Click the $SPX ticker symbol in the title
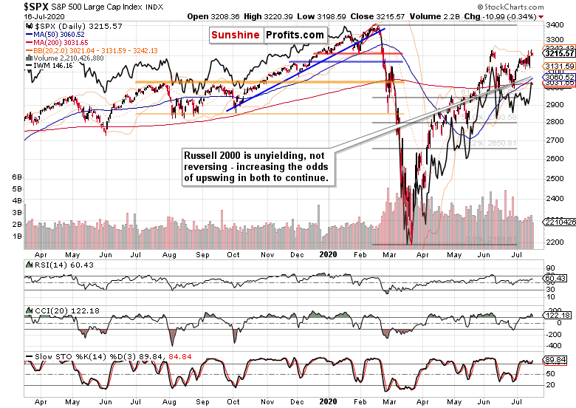(x=17, y=6)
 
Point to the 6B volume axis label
(x=13, y=177)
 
